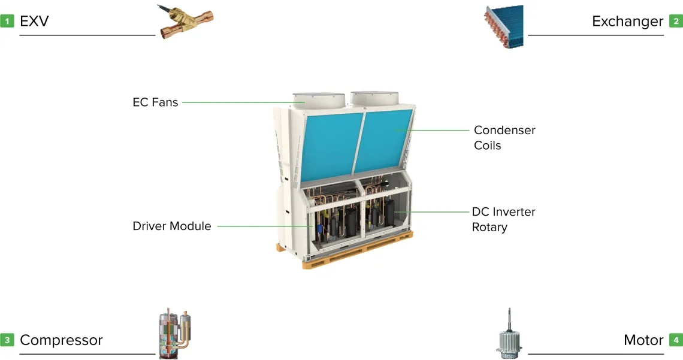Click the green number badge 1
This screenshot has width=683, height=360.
click(7, 22)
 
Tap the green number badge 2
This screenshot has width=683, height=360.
click(676, 22)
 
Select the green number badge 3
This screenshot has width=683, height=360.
click(7, 340)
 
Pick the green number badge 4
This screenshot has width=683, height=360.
click(676, 340)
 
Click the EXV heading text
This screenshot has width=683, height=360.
click(34, 22)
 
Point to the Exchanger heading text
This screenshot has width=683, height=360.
click(627, 22)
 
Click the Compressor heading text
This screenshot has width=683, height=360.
click(61, 340)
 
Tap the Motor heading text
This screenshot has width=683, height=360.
click(643, 340)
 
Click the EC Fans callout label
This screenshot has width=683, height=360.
click(155, 102)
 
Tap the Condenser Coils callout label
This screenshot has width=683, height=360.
click(504, 138)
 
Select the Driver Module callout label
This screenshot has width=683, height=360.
click(172, 226)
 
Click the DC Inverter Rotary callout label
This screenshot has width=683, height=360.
click(503, 219)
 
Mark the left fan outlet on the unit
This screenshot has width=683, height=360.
click(318, 100)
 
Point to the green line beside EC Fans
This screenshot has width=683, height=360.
click(240, 102)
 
